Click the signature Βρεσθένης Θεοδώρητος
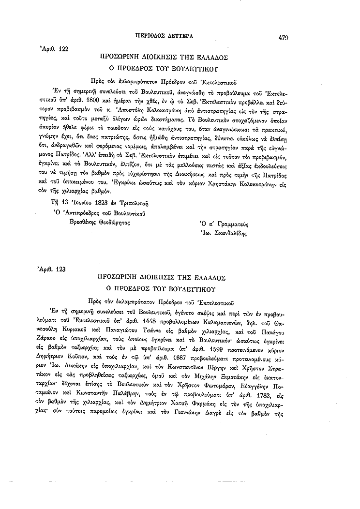pos(100,224)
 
